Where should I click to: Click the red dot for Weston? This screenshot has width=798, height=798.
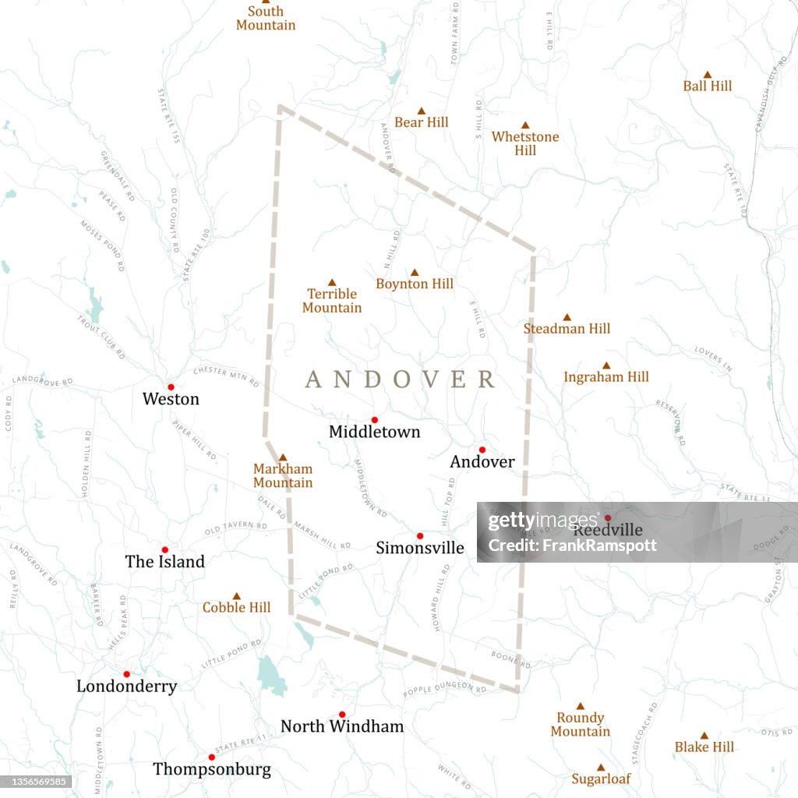pyautogui.click(x=171, y=387)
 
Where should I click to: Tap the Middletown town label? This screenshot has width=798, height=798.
pyautogui.click(x=374, y=432)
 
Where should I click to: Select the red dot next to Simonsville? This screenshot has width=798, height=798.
pyautogui.click(x=419, y=536)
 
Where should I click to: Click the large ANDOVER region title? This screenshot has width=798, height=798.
pyautogui.click(x=400, y=380)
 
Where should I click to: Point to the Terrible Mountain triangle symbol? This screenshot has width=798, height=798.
pyautogui.click(x=332, y=282)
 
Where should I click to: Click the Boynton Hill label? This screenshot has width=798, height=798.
pyautogui.click(x=415, y=284)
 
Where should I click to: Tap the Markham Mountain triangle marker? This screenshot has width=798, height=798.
pyautogui.click(x=283, y=457)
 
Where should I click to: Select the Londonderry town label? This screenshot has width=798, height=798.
pyautogui.click(x=126, y=687)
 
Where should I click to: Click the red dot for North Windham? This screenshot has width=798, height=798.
pyautogui.click(x=341, y=715)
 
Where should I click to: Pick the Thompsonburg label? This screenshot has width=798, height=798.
pyautogui.click(x=212, y=770)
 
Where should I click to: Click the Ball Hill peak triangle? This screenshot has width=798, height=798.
pyautogui.click(x=708, y=75)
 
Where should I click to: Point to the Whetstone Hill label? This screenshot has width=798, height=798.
pyautogui.click(x=525, y=143)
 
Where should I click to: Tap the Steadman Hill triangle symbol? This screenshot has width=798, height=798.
pyautogui.click(x=567, y=317)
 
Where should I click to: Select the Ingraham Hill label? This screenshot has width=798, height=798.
pyautogui.click(x=606, y=377)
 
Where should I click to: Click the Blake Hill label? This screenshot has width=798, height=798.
pyautogui.click(x=704, y=747)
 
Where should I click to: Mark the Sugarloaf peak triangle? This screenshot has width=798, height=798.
pyautogui.click(x=601, y=768)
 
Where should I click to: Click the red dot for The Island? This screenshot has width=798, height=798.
pyautogui.click(x=164, y=550)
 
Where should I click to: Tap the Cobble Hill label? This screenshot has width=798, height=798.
pyautogui.click(x=237, y=608)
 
